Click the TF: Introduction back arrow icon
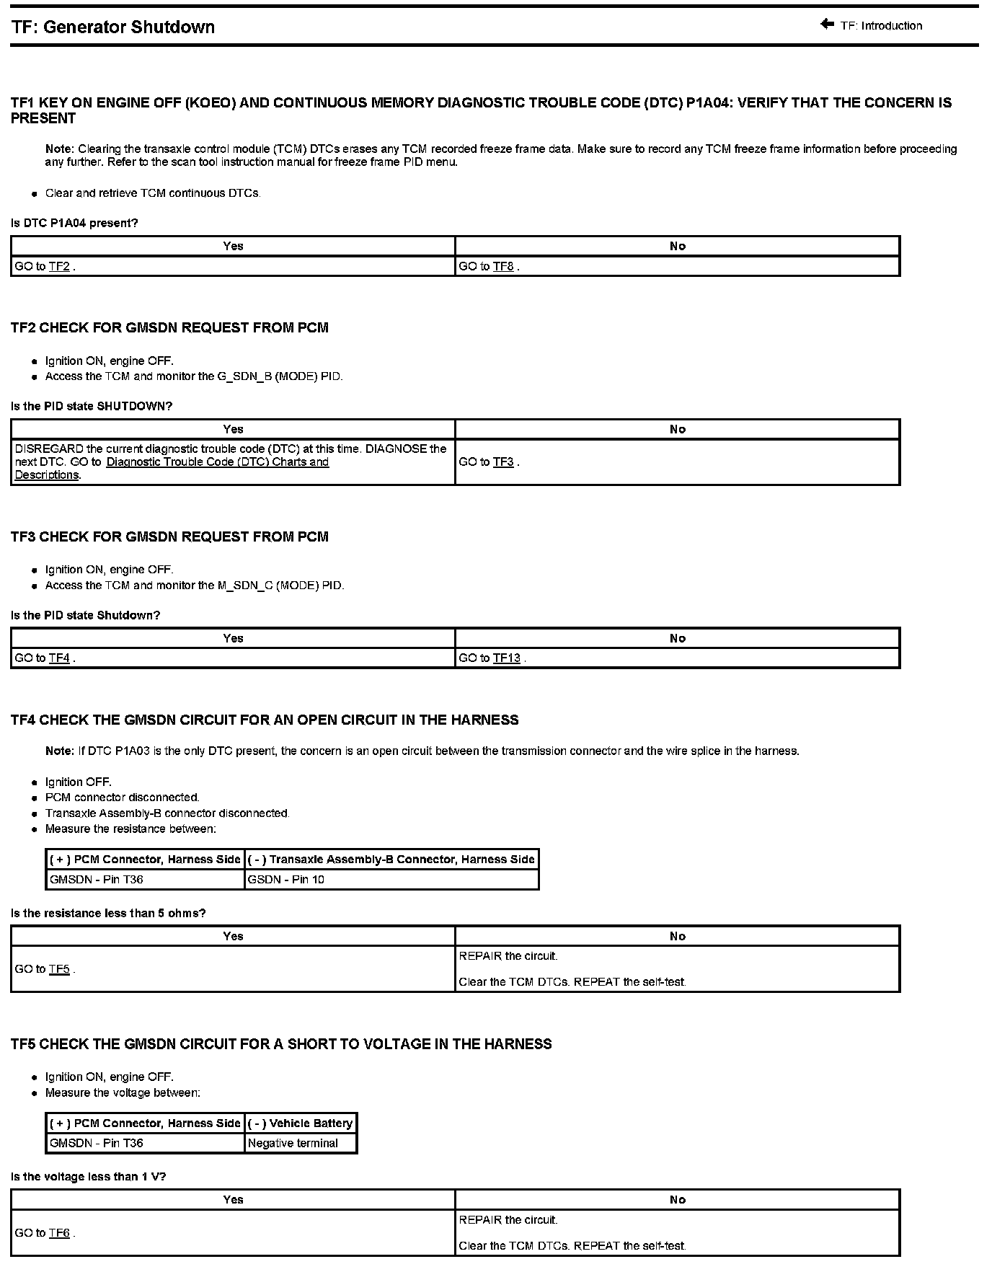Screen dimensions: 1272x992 pos(827,25)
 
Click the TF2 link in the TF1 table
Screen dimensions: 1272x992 pos(59,267)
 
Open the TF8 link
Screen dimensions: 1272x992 pos(503,267)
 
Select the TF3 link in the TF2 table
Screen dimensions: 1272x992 pos(503,462)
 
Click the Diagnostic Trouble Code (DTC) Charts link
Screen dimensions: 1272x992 pos(217,462)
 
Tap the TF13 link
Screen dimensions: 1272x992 pos(506,658)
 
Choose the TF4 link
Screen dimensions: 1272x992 pos(59,658)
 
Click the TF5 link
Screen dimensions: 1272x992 pos(59,969)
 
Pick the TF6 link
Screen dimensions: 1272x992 pos(59,1233)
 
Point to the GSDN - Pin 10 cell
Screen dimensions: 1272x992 pos(286,880)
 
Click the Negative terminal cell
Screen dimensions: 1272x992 pos(293,1143)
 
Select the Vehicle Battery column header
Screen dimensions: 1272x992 pos(301,1123)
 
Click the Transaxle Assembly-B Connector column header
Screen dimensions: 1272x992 pos(391,860)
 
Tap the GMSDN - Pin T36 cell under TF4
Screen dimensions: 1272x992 pos(97,880)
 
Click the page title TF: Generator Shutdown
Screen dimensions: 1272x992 pos(113,27)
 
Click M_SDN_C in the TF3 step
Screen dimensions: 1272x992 pos(245,586)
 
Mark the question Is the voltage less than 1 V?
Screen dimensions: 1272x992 pos(89,1176)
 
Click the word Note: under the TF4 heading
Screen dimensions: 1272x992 pos(60,751)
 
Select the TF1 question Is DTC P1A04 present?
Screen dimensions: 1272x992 pos(74,223)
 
